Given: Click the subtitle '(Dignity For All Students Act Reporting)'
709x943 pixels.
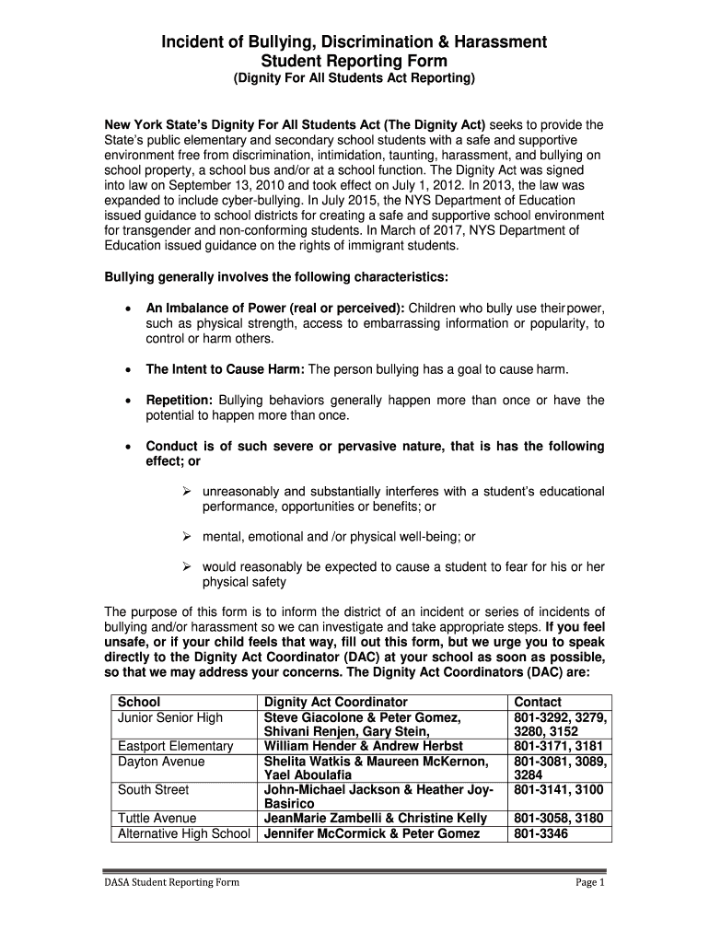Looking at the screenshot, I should pos(354,80).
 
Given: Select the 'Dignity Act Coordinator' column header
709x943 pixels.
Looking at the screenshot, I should pos(335,702).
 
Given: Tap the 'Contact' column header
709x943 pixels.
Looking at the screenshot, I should pos(538,702).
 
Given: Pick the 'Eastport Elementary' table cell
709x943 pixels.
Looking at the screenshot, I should pos(175,746).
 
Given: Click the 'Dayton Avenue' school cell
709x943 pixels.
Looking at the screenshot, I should pos(161,762).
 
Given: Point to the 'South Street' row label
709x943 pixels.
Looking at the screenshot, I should pos(153,789).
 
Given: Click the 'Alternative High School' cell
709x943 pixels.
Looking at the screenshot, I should pos(184,833).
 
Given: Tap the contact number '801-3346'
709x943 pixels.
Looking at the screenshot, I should pos(540,833).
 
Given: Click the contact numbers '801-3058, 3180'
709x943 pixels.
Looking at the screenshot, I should pos(558,818).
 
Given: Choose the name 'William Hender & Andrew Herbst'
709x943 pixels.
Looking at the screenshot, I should pos(363,746).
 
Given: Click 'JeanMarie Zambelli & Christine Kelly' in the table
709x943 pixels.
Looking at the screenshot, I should pos(376,818).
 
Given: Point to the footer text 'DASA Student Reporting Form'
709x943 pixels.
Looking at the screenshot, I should pos(170,882).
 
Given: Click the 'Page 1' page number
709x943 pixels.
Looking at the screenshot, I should pos(589,882).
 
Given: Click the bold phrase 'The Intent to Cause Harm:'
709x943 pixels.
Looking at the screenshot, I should pos(225,369).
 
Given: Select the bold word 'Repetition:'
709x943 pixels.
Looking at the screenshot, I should pos(180,400).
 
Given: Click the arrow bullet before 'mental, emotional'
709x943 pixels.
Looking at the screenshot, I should pos(184,536).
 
